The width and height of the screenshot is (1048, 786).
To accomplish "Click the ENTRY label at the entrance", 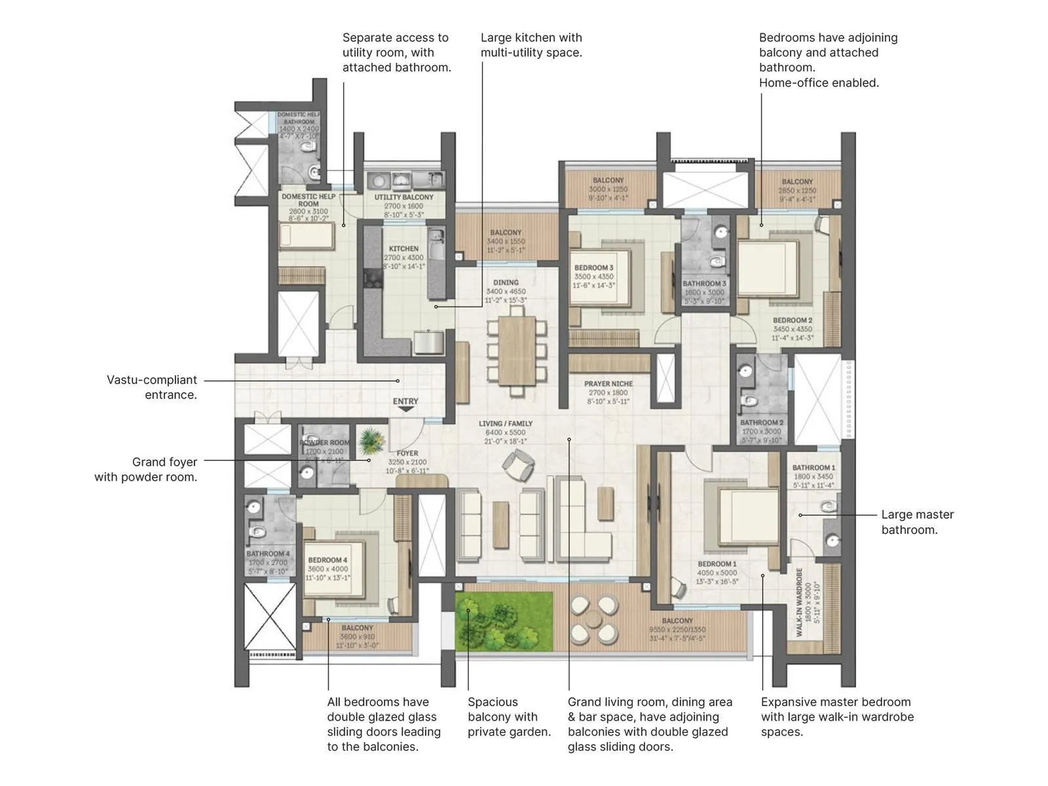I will [x=405, y=402].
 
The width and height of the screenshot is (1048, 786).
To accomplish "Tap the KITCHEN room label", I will [x=403, y=249].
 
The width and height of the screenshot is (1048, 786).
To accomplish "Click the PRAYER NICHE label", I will [x=608, y=384].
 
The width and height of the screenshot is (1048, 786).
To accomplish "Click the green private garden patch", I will [x=504, y=621].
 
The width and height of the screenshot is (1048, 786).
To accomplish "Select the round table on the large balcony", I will [x=593, y=619].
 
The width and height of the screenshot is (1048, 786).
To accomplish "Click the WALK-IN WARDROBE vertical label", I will [x=799, y=602].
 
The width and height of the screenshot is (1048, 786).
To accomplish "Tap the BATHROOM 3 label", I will [x=704, y=284].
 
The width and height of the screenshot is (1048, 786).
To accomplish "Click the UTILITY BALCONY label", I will [x=403, y=197].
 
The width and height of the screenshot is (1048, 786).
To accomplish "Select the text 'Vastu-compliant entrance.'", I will [x=152, y=387].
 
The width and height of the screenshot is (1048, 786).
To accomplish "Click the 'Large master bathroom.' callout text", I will [x=917, y=522].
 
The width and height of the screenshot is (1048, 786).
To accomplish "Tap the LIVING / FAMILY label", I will [x=505, y=424].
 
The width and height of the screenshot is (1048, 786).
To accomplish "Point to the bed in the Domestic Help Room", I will [x=305, y=236].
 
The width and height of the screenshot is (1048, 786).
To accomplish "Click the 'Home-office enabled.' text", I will [x=819, y=83].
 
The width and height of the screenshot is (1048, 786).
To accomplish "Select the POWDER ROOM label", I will [x=324, y=443].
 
